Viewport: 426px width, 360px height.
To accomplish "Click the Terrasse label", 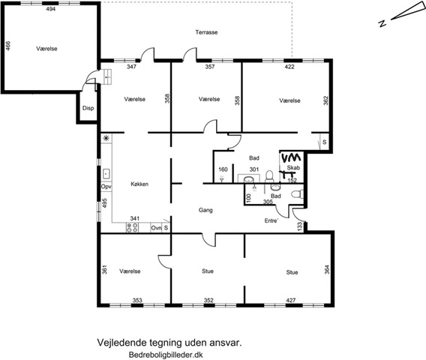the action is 206,32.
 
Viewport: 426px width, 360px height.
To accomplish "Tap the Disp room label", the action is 88,108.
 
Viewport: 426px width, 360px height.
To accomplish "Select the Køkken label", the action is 139,184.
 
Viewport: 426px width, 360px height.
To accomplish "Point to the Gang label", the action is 205,210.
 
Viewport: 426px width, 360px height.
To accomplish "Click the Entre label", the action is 271,220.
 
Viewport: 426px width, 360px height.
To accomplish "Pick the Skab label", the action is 293,168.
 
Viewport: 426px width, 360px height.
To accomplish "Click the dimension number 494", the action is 51,9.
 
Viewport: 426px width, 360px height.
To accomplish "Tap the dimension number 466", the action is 8,46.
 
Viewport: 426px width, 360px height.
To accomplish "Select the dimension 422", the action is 289,67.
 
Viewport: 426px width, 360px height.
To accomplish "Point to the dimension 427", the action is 291,300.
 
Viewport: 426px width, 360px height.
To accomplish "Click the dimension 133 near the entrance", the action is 300,226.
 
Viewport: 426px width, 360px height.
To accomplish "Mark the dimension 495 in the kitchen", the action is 104,203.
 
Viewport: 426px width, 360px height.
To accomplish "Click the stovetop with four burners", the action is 132,228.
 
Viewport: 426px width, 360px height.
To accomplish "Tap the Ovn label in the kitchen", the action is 156,228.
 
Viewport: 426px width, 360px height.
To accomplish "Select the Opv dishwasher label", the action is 106,187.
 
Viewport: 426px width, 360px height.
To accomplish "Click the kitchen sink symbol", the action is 106,173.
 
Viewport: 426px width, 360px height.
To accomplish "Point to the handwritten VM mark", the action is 291,157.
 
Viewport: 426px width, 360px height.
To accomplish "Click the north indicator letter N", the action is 382,24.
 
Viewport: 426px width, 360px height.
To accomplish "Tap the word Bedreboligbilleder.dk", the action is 166,355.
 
